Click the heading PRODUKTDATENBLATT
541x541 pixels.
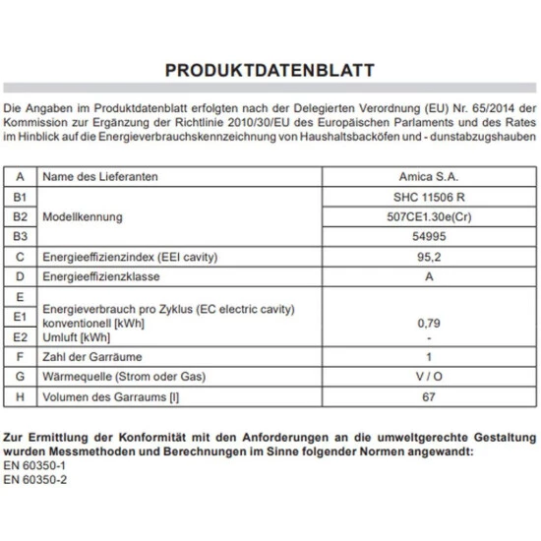[x=270, y=71]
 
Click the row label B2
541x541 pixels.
[x=20, y=217]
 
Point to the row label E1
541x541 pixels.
[x=20, y=318]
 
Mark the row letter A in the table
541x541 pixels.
[x=20, y=176]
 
